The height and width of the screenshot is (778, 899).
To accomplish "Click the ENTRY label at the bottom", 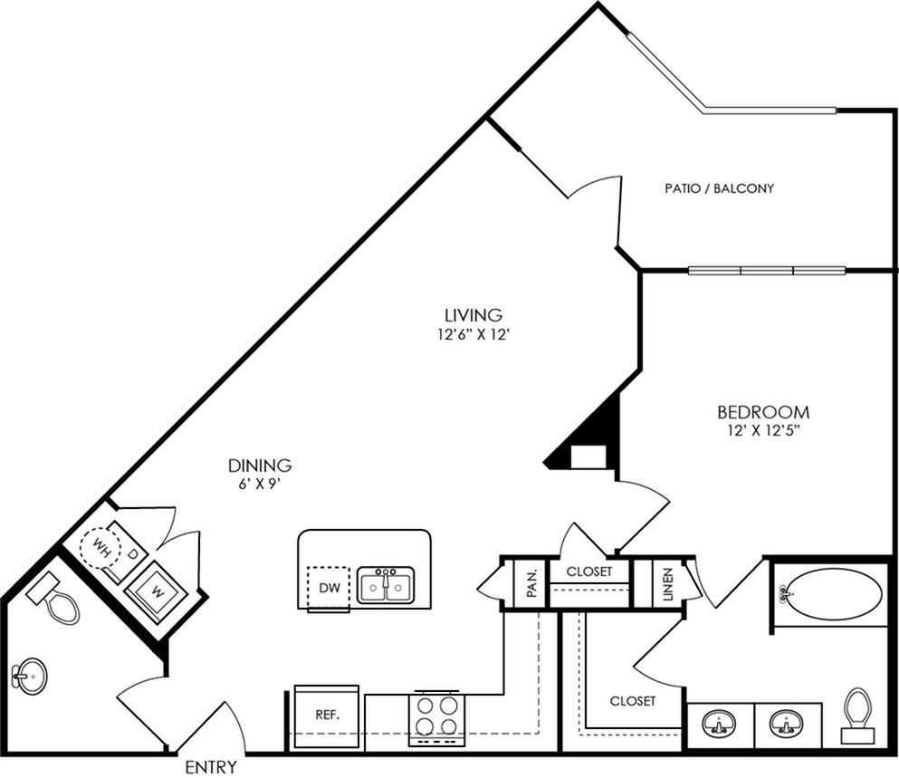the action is click(211, 766).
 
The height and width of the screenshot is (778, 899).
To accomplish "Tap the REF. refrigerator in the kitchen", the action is click(327, 716).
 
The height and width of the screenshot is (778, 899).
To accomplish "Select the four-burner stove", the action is click(437, 717).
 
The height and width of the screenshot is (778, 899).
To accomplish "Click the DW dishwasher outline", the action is click(329, 588).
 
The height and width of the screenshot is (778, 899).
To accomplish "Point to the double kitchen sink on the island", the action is click(386, 585).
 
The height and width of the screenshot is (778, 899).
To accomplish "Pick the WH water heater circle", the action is click(100, 546).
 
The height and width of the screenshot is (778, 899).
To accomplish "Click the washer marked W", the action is click(157, 590).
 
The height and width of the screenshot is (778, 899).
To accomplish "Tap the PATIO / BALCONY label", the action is click(720, 188).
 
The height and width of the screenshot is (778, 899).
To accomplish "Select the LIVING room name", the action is click(473, 315).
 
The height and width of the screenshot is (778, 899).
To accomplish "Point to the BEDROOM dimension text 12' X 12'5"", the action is click(763, 431).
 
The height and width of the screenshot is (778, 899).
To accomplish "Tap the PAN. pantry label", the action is click(532, 581).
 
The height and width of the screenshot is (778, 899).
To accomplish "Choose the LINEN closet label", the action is click(668, 584).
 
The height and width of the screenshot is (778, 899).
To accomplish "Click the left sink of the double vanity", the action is click(720, 724).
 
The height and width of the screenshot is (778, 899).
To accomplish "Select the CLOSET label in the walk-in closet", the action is click(633, 701).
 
